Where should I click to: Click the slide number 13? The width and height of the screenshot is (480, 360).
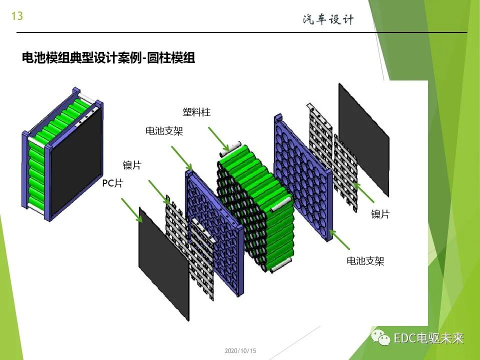(x=17, y=16)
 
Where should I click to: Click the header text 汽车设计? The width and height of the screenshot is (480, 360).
(x=328, y=19)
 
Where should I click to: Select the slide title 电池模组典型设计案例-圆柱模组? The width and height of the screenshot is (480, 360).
(x=108, y=58)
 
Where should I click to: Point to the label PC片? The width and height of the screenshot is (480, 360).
(x=112, y=183)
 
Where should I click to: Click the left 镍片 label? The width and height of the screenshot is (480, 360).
(x=132, y=165)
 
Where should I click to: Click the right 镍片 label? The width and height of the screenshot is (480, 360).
(x=380, y=214)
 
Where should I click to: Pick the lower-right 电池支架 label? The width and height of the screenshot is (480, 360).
(x=365, y=260)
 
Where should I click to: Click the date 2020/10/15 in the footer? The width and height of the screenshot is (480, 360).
(x=240, y=351)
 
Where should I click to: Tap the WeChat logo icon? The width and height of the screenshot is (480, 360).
(x=381, y=338)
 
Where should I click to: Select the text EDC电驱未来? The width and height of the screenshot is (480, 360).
(x=428, y=338)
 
